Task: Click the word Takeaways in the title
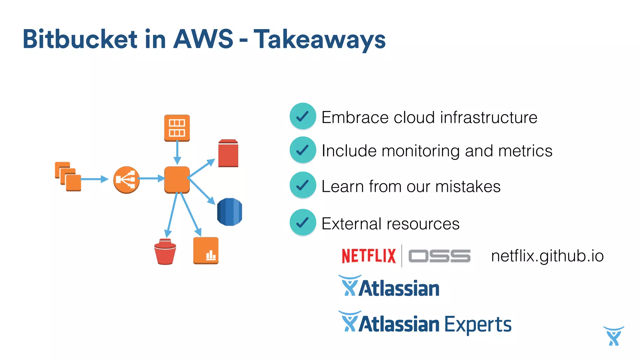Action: click(319, 39)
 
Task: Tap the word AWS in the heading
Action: click(203, 39)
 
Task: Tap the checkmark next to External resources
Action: click(302, 222)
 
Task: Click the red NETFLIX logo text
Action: click(369, 256)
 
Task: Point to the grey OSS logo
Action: click(439, 256)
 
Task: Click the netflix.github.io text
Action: click(547, 256)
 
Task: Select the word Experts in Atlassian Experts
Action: click(478, 324)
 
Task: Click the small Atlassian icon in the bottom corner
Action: click(614, 336)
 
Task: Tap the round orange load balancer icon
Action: click(126, 180)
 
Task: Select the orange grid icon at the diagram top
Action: click(177, 128)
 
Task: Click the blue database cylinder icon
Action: click(229, 212)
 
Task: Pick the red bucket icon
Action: click(165, 252)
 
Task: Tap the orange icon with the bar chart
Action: click(206, 251)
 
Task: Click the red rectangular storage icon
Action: click(228, 153)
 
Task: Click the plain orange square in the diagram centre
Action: click(177, 179)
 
